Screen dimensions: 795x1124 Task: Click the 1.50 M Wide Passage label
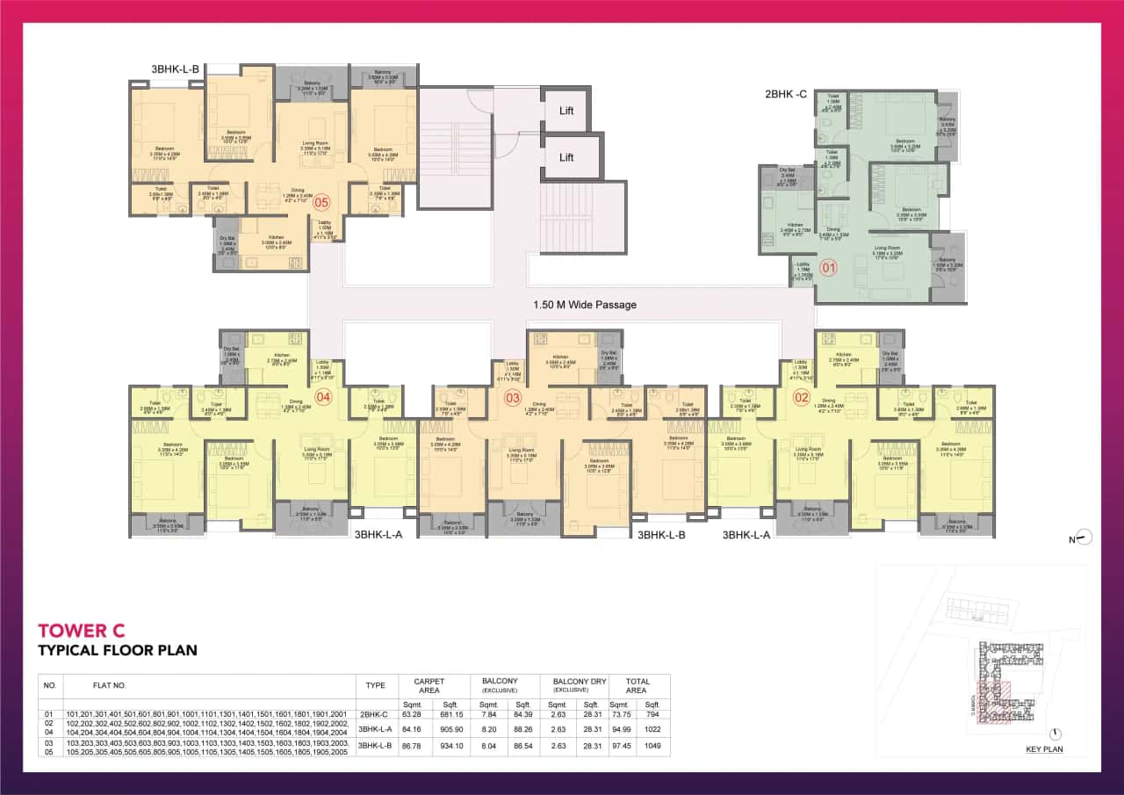click(584, 305)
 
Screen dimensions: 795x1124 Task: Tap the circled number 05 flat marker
click(322, 201)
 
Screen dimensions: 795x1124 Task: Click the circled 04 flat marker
click(323, 397)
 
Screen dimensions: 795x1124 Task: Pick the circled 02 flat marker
click(802, 397)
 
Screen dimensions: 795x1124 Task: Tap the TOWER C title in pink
click(82, 630)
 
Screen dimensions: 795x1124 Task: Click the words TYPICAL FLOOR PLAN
click(117, 651)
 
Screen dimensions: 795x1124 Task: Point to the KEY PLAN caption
click(1044, 749)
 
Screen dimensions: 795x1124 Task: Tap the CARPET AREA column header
click(429, 685)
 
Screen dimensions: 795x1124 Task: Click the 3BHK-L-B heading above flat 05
click(177, 68)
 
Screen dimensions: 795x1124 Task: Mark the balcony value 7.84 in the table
click(484, 713)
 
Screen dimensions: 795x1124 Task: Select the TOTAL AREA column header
click(638, 685)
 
